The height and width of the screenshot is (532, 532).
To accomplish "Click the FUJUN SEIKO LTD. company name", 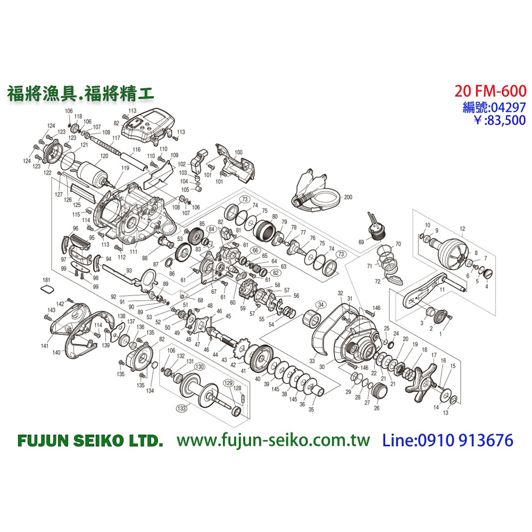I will [x=89, y=440].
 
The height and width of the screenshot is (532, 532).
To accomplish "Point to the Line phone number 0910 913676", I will [x=448, y=440].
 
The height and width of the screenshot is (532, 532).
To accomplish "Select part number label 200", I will [x=348, y=197].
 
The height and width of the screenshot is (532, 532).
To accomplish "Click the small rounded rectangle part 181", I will [x=47, y=289].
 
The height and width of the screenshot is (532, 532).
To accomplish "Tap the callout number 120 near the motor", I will [x=104, y=156].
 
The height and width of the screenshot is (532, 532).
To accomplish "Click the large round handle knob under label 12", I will [x=453, y=254].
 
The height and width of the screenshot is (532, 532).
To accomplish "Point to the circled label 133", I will [x=182, y=409].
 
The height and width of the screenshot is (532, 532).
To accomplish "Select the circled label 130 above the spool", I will [x=199, y=367].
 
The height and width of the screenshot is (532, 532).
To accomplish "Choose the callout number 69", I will [x=361, y=242].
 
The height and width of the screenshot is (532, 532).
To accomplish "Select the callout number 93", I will [x=129, y=270].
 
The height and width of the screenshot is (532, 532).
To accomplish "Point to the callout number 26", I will [x=377, y=408].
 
